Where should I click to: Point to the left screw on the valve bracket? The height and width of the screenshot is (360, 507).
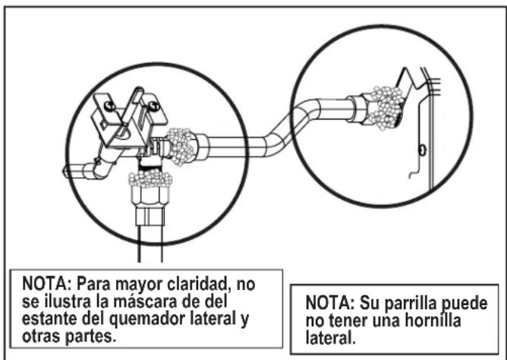(110, 105)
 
